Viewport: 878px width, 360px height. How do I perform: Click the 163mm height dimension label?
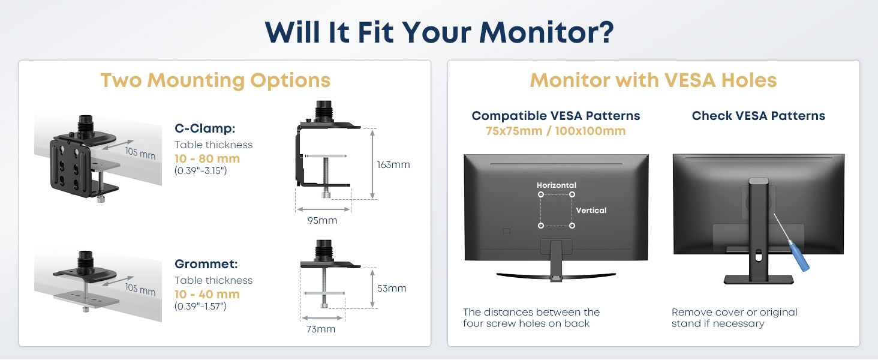click(x=393, y=165)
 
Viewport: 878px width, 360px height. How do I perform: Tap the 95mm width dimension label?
click(x=322, y=220)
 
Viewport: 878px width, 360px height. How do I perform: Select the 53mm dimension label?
click(x=392, y=288)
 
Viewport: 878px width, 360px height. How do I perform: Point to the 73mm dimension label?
click(x=321, y=329)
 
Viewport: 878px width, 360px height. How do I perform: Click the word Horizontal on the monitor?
click(x=556, y=185)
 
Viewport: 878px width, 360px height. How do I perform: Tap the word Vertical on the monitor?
click(x=591, y=210)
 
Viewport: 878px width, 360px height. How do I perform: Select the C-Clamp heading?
click(x=205, y=128)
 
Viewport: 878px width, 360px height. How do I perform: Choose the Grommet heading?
click(x=206, y=264)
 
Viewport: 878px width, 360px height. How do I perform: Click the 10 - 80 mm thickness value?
click(x=207, y=158)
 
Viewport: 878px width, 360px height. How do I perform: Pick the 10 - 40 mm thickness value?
click(x=207, y=294)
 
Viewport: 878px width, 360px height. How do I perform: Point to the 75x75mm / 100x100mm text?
click(x=555, y=131)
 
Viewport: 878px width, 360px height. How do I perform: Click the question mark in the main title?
click(x=605, y=32)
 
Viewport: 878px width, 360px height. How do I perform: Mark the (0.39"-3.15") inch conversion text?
click(x=201, y=170)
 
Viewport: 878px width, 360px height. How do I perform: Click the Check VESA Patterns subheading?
click(x=759, y=116)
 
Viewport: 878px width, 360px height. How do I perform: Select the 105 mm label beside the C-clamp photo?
click(x=140, y=153)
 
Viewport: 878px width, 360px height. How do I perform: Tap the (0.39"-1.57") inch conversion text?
click(x=200, y=306)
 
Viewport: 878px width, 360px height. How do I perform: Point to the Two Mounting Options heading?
click(x=215, y=80)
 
